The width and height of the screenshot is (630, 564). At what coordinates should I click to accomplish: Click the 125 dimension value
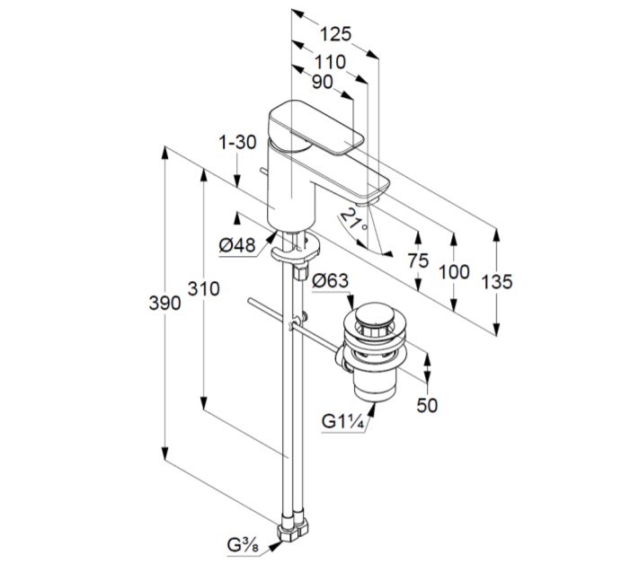[334, 35]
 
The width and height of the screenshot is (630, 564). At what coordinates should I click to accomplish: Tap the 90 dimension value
[322, 82]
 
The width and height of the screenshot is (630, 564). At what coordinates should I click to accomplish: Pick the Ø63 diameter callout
[330, 281]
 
